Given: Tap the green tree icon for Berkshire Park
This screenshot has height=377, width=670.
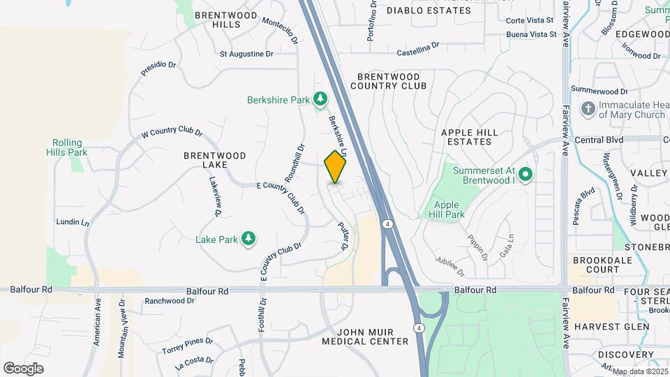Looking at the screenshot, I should pyautogui.click(x=320, y=100).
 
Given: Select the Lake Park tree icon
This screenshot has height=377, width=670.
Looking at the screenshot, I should pyautogui.click(x=248, y=239).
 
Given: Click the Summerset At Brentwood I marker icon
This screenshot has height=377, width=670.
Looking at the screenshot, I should pyautogui.click(x=527, y=175).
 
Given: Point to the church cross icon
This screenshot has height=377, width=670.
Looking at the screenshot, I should pyautogui.click(x=588, y=109).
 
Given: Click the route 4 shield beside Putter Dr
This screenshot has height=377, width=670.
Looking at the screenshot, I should pyautogui.click(x=386, y=224).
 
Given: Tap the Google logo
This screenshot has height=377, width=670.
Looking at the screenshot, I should pyautogui.click(x=23, y=368).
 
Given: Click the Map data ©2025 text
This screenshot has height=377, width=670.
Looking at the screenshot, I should pyautogui.click(x=639, y=371).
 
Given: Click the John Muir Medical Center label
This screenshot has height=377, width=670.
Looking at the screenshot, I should pyautogui.click(x=365, y=336).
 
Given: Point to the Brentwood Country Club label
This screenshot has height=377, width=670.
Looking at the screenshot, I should pyautogui.click(x=387, y=81).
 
